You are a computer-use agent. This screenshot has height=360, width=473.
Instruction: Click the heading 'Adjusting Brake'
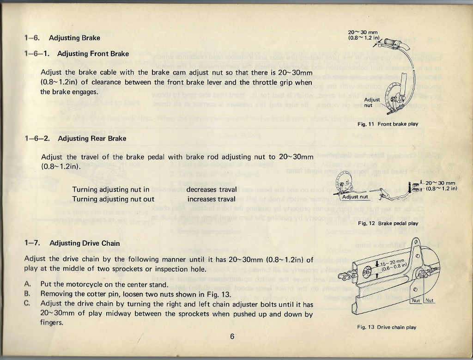(74, 38)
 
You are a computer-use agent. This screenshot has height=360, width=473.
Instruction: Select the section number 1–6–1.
(37, 54)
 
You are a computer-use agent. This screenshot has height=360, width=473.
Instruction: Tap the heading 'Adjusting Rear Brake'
(92, 139)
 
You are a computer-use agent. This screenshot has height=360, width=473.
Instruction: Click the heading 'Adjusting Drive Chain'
(85, 243)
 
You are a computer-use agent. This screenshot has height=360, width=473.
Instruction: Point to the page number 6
(232, 336)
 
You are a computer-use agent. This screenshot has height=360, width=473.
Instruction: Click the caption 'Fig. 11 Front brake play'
(388, 124)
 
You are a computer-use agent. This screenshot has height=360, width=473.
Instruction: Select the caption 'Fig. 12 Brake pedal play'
(388, 223)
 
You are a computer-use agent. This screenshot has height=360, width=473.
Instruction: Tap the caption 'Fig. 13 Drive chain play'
(387, 327)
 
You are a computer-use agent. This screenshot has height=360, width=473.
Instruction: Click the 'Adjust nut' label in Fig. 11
(372, 102)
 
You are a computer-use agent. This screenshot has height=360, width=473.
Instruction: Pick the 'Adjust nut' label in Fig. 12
(355, 197)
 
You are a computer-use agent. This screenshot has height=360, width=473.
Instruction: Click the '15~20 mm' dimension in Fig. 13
(392, 263)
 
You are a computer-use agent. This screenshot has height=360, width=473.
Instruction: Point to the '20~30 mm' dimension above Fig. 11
(363, 32)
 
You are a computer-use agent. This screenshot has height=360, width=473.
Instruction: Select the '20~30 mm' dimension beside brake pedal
(440, 183)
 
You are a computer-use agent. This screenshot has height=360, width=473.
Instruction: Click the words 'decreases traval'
(212, 189)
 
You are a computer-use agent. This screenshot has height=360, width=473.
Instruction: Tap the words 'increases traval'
(211, 199)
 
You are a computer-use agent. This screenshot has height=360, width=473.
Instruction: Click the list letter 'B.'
(27, 293)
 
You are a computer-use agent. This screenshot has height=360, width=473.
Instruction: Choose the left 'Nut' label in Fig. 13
(416, 300)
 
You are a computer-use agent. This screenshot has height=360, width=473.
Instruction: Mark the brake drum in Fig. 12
(345, 181)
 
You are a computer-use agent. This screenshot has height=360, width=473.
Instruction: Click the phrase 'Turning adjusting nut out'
(113, 199)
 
